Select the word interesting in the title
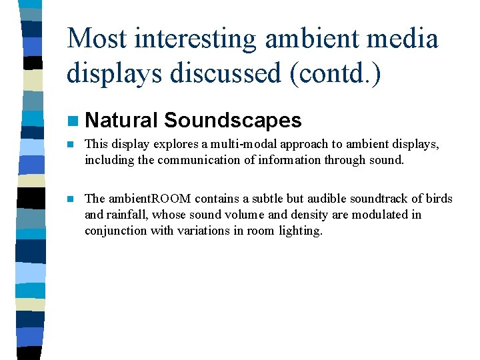pos(194,39)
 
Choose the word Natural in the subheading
pos(121,121)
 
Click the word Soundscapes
pos(233,121)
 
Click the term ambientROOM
pos(149,199)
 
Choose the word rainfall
pos(125,215)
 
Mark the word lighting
pos(303,231)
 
